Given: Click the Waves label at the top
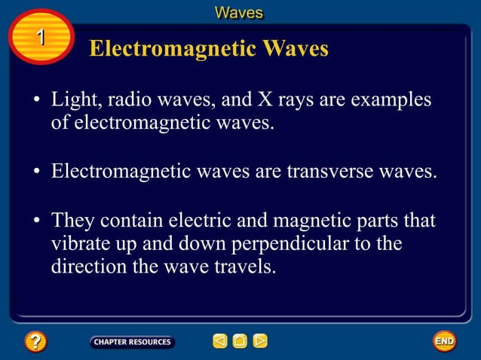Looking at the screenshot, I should (239, 12).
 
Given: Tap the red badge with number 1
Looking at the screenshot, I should (41, 37).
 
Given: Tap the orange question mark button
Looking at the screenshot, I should (35, 342).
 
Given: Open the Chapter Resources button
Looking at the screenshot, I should (133, 342).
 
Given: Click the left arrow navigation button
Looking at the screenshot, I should (219, 342).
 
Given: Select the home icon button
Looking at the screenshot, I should (240, 342).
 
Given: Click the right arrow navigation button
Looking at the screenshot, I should (260, 342).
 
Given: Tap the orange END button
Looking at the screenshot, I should (445, 342).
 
